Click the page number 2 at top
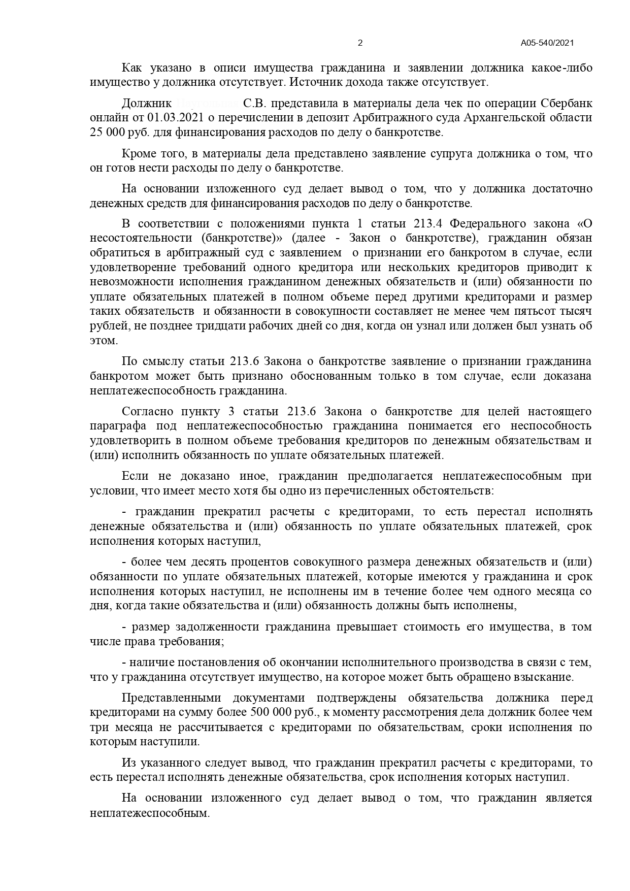pos(360,43)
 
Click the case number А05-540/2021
pos(547,43)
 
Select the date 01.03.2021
pos(176,118)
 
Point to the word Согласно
pos(144,411)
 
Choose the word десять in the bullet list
pos(207,562)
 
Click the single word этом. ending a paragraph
pos(104,341)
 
